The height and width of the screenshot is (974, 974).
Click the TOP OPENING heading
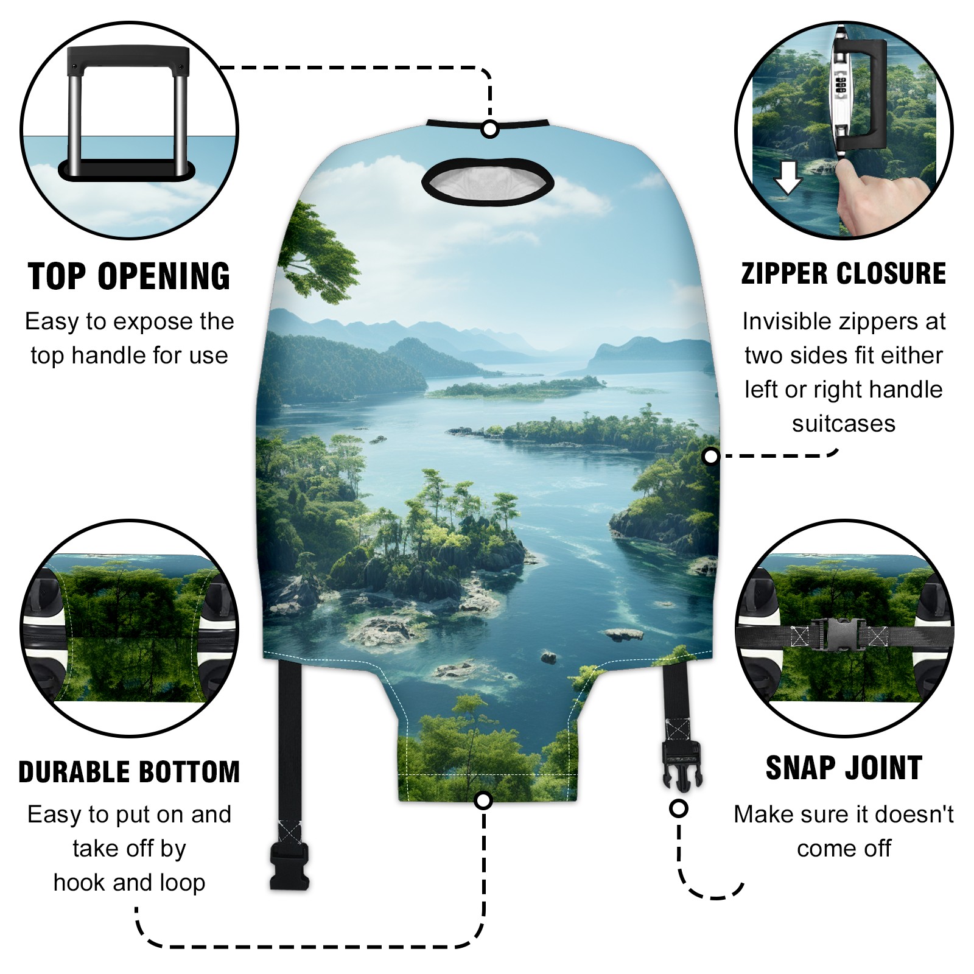(x=129, y=276)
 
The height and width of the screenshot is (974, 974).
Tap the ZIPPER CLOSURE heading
(x=844, y=273)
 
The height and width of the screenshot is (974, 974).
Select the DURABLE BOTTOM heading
(x=129, y=772)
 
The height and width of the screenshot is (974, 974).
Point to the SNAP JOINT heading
(x=844, y=768)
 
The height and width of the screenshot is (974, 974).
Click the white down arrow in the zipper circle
(x=788, y=177)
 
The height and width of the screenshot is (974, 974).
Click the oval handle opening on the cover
(x=488, y=181)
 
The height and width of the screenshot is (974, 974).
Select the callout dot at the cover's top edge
(x=489, y=130)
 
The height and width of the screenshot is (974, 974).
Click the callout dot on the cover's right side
(x=710, y=456)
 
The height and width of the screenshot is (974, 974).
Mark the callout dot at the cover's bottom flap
(x=483, y=800)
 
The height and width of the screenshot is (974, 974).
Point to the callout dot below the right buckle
(x=678, y=808)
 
